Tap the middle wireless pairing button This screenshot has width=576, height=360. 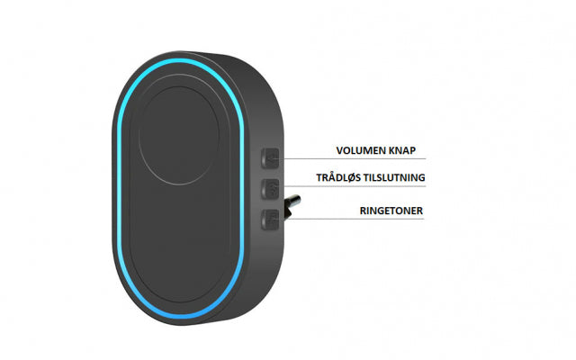tap(270, 189)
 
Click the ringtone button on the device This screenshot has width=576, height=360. tap(270, 220)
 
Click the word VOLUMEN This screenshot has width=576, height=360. tap(359, 150)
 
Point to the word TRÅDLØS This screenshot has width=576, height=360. tap(338, 178)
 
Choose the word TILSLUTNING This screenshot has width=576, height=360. tap(394, 178)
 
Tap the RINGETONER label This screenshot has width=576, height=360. tap(391, 211)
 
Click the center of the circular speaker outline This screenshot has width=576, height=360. tap(179, 136)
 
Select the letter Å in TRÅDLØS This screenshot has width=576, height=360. tap(333, 177)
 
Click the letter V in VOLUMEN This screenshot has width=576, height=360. tap(340, 150)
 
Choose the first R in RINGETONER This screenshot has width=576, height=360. tap(363, 211)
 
